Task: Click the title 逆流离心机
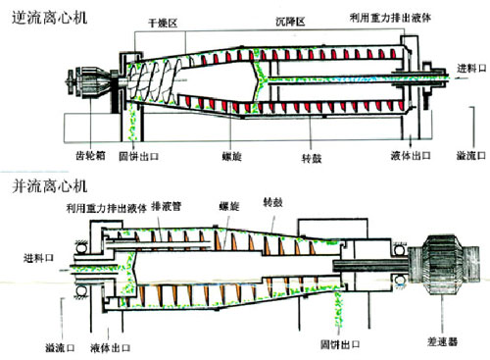pos(50,18)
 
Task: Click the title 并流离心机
pos(50,186)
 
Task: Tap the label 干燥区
pos(163,24)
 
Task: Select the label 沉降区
pos(290,22)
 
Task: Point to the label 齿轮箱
pos(90,156)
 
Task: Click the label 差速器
pos(442,342)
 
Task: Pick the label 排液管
pos(166,206)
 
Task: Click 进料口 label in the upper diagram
pos(471,69)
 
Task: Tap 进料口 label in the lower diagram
pos(38,258)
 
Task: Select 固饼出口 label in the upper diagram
pos(138,156)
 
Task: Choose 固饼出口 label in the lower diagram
pos(340,344)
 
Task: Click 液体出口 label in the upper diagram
pos(411,156)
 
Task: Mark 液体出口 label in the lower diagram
pos(110,348)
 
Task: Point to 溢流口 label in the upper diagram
pos(471,156)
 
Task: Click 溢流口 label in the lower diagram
pos(60,348)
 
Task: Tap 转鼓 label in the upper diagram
pos(312,159)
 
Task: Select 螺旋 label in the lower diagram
pos(229,206)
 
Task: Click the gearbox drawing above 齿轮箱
pos(90,81)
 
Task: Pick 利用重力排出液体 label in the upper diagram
pos(390,18)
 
